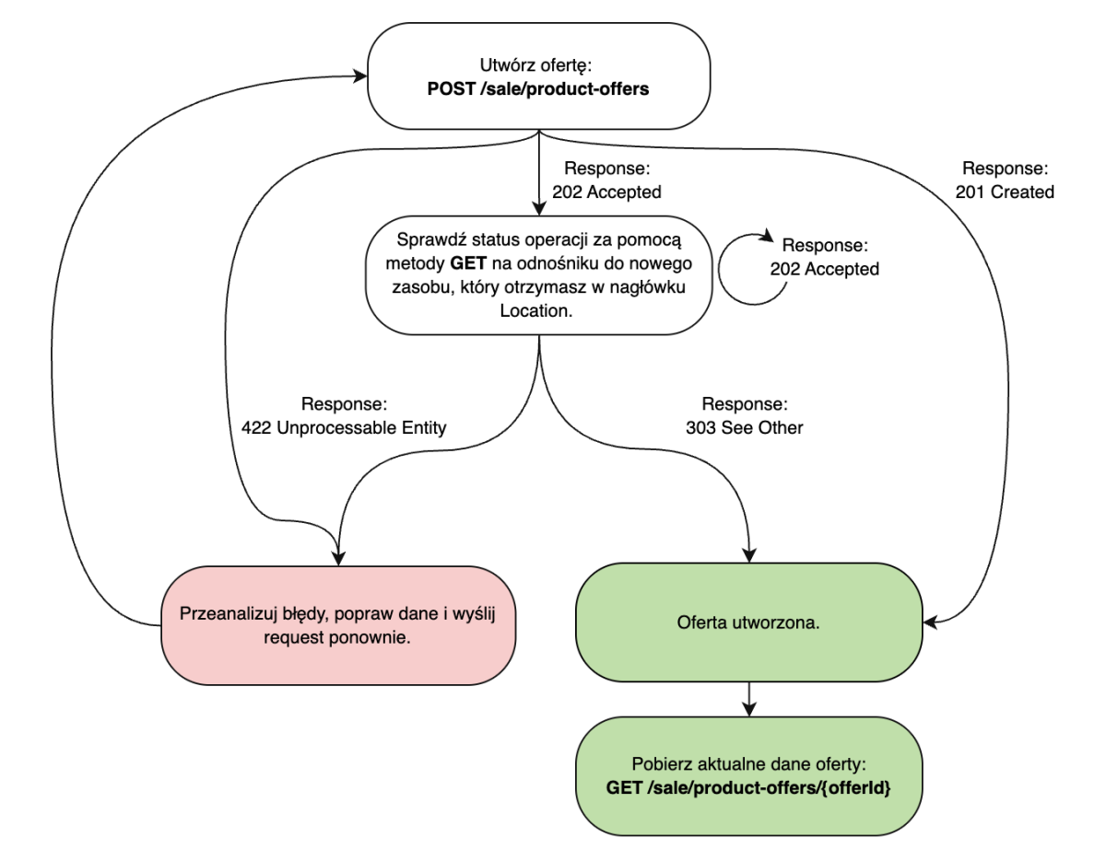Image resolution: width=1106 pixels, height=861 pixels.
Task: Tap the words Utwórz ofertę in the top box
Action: (538, 66)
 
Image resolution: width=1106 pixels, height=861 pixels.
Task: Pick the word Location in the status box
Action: (538, 312)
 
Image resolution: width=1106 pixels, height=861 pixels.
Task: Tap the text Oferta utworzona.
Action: (748, 622)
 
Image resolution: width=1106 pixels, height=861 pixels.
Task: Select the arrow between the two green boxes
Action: (748, 701)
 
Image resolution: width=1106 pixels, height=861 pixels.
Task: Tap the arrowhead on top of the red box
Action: (340, 558)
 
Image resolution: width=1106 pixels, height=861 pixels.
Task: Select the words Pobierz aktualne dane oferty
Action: (748, 766)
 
